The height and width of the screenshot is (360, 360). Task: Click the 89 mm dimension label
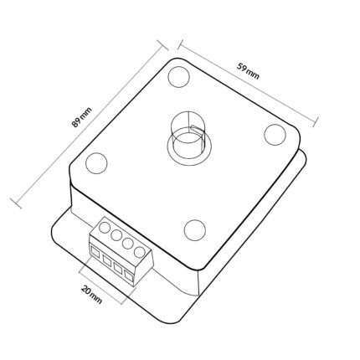pyautogui.click(x=81, y=117)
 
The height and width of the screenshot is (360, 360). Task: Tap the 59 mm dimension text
pyautogui.click(x=248, y=71)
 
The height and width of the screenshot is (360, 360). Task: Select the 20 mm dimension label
pyautogui.click(x=91, y=295)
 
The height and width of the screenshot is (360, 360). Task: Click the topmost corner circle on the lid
pyautogui.click(x=179, y=76)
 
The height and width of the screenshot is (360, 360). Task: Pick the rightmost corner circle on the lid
pyautogui.click(x=275, y=135)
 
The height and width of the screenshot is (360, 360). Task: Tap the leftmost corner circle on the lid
pyautogui.click(x=96, y=163)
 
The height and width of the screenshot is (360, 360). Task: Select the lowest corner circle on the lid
pyautogui.click(x=195, y=230)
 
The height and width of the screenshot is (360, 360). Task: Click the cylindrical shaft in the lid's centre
pyautogui.click(x=189, y=136)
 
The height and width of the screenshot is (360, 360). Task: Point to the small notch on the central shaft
pyautogui.click(x=193, y=127)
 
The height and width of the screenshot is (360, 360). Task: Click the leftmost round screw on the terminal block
pyautogui.click(x=105, y=227)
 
